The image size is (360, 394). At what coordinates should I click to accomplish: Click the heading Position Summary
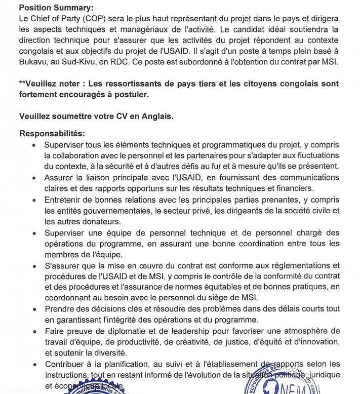tap(49, 8)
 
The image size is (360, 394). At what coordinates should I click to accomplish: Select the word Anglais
tap(154, 115)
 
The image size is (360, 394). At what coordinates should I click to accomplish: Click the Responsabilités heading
tap(52, 134)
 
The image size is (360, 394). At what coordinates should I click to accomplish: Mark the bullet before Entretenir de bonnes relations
tap(33, 200)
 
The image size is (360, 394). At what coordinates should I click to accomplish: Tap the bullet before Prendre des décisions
tap(33, 309)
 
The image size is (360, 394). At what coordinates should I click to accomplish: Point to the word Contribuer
tap(64, 365)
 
